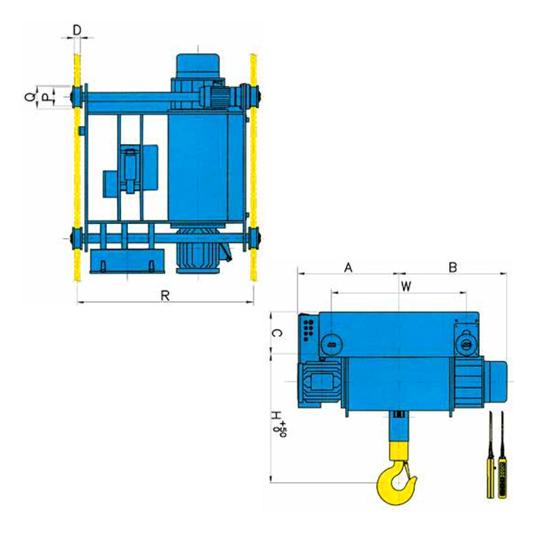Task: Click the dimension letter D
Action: pos(77,31)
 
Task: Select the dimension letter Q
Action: pos(30,97)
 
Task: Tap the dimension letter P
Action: pos(45,98)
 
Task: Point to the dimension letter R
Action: pos(165,296)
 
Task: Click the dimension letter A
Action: pos(348,268)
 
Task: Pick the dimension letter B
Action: pos(453,268)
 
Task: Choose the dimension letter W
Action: pos(406,286)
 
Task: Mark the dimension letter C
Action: pos(277,333)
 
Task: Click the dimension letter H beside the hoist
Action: pos(276,416)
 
